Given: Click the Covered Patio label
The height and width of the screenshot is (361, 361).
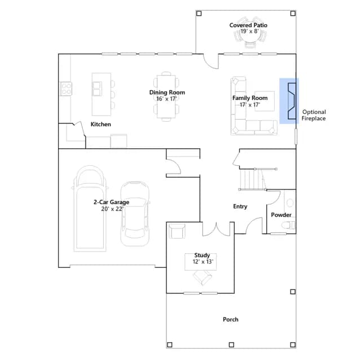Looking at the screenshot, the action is point(248,25).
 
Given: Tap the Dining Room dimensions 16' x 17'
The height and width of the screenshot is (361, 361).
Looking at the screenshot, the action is point(166,99).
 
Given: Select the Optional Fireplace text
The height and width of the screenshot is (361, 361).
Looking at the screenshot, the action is point(314,115).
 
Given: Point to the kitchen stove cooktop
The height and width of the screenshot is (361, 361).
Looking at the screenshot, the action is point(66,89).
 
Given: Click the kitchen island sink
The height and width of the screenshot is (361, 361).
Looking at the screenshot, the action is point(97,89).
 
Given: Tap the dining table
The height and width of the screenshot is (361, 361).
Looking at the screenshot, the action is point(166,96).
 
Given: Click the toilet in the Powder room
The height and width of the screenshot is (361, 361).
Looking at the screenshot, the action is point(288,225).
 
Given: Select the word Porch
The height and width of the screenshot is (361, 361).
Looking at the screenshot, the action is point(231,319).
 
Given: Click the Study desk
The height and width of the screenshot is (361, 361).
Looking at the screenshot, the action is point(201,262).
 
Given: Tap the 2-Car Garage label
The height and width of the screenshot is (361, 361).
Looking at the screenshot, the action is point(111,202).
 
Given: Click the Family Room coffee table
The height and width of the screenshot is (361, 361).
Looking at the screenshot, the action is point(265,102).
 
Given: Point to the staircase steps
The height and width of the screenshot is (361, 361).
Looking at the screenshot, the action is point(252,179).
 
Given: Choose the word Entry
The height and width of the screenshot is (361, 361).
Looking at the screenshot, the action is point(240,206).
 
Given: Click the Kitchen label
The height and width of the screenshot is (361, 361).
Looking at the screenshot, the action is point(100,124).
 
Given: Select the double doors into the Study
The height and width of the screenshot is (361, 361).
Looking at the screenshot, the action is point(216,230).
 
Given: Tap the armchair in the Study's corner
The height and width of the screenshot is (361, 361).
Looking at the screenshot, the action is point(177,231).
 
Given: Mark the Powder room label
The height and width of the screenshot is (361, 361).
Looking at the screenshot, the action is point(281,215).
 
